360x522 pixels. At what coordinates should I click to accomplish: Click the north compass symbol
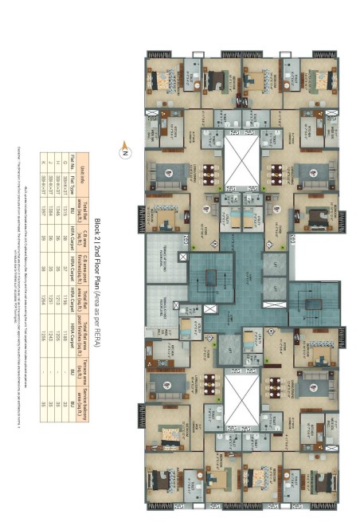coord(125,146)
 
